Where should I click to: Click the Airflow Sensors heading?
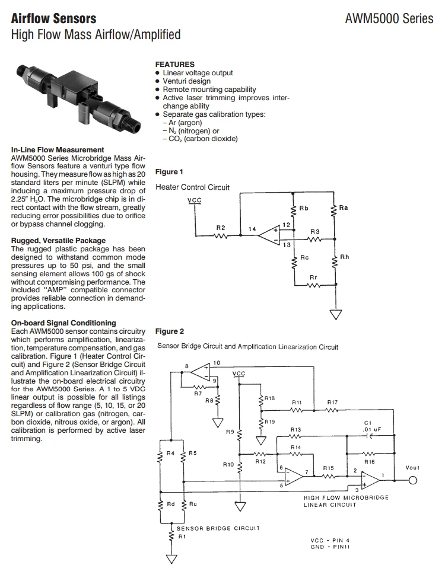click(x=54, y=19)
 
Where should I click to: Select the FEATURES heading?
click(x=174, y=64)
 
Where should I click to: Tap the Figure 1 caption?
click(x=169, y=172)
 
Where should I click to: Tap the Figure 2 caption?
click(x=169, y=331)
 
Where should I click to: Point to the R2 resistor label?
click(x=220, y=228)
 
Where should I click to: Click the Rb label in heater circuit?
click(x=304, y=209)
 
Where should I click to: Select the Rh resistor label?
click(x=344, y=257)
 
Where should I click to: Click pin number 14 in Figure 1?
click(x=252, y=228)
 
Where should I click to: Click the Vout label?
click(x=412, y=468)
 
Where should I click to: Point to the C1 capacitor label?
click(x=368, y=422)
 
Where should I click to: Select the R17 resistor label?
click(x=333, y=402)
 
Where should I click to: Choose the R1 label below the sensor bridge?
click(x=183, y=537)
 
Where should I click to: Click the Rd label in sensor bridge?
click(x=171, y=505)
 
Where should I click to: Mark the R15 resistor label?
click(x=329, y=468)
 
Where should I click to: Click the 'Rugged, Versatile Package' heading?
click(x=58, y=241)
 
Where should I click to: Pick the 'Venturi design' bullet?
click(x=186, y=81)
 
